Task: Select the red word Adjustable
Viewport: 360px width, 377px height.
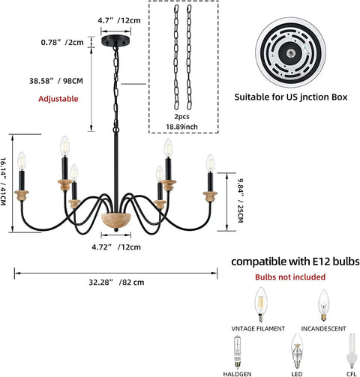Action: [58, 99]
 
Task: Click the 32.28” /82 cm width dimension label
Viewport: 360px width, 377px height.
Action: [116, 283]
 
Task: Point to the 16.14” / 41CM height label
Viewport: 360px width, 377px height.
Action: [3, 181]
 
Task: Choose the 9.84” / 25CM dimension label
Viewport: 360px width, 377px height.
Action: [240, 201]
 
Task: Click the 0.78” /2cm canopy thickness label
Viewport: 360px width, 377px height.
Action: [62, 42]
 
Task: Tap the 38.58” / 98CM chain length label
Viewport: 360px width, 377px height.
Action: [56, 81]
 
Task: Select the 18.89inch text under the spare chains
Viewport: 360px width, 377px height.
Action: [182, 127]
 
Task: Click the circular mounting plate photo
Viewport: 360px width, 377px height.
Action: [290, 52]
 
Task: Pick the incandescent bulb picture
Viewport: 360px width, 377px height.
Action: [324, 305]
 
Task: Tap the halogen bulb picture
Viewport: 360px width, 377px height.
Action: [237, 352]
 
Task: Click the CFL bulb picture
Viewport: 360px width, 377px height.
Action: [352, 351]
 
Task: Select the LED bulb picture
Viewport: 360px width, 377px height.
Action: [297, 351]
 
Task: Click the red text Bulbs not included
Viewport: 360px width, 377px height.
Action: [290, 277]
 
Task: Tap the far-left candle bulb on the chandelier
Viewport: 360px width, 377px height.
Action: [22, 161]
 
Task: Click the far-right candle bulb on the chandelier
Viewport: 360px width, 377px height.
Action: [210, 163]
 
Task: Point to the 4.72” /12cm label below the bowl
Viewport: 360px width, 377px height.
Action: [116, 247]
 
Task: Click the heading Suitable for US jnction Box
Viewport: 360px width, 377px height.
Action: [291, 97]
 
